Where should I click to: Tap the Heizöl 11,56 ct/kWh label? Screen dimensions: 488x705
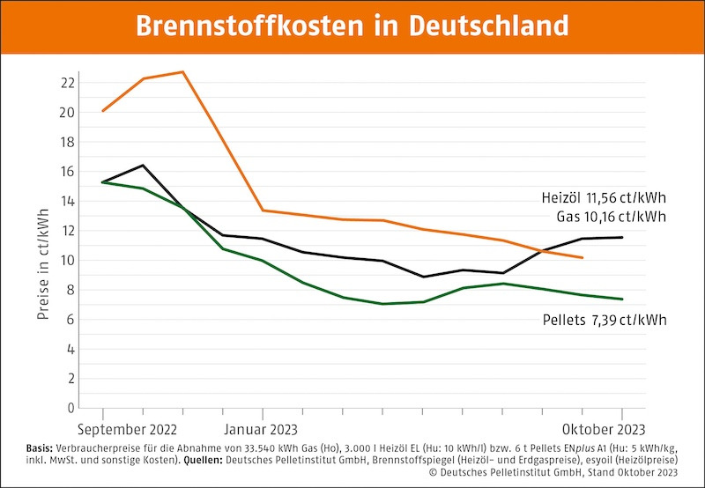(603, 198)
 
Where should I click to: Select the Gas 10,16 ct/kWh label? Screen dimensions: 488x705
(610, 217)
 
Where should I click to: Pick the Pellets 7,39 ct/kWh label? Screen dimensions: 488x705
(604, 319)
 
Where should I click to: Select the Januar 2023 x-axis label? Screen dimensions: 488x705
(263, 430)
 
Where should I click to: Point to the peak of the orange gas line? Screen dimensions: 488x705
(182, 71)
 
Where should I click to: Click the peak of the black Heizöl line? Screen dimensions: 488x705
(143, 165)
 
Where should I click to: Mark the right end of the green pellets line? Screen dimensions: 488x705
(622, 299)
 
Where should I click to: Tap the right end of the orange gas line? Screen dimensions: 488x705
(583, 258)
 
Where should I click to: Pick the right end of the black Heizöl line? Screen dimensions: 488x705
(622, 237)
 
